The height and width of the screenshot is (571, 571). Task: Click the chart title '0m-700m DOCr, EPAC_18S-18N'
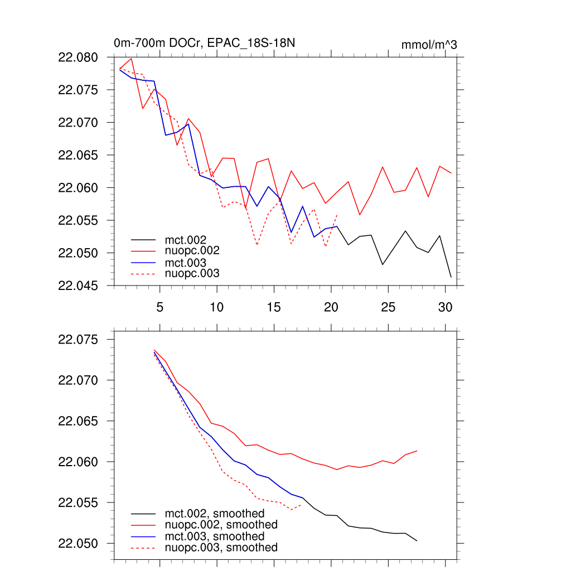coord(193,43)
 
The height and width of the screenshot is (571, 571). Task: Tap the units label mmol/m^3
coord(429,45)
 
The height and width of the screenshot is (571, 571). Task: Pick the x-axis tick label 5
coord(159,307)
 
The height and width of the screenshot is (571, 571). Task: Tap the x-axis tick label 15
coord(273,307)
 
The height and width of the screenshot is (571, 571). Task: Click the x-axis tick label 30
coord(444,307)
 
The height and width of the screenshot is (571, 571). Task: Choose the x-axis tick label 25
coord(388,307)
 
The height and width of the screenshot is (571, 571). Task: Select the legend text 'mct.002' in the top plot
coord(190,240)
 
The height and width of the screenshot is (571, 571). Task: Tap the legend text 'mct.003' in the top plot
coord(190,263)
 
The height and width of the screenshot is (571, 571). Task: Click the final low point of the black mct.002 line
coord(451,277)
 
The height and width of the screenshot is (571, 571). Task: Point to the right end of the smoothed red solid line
coord(417,451)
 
